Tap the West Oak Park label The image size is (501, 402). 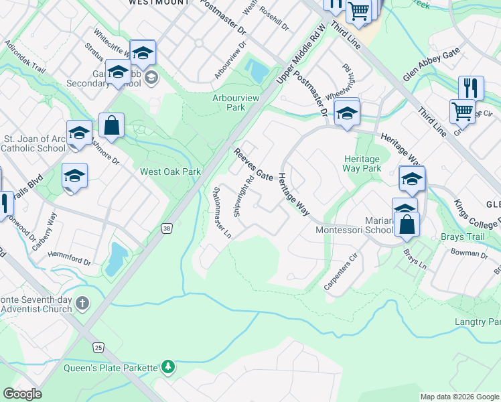click(x=170, y=172)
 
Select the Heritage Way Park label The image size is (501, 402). click(x=362, y=163)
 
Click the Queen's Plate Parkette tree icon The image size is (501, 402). click(x=168, y=366)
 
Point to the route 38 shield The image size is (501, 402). click(x=167, y=228)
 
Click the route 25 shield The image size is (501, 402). click(x=98, y=347)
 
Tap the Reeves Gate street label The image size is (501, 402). click(x=253, y=165)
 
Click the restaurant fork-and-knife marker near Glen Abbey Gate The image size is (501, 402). click(x=471, y=88)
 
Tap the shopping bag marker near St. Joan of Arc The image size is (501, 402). click(x=111, y=125)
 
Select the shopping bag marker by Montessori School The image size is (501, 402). click(x=407, y=224)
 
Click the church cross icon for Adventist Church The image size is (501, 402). click(x=82, y=304)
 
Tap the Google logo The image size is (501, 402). click(x=23, y=394)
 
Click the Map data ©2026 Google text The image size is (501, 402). click(x=459, y=397)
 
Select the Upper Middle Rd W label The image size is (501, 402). click(x=301, y=54)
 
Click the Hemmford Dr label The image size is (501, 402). click(x=70, y=259)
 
